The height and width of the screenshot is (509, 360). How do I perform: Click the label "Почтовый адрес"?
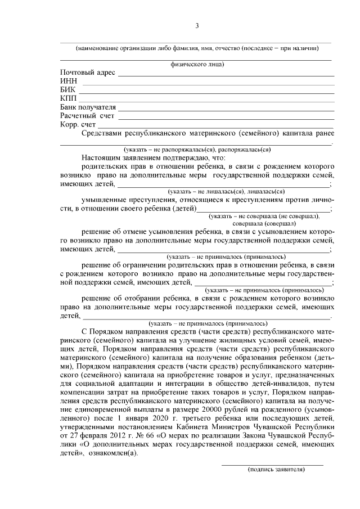coord(87,73)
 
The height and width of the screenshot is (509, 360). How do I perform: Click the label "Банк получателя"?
coord(88,107)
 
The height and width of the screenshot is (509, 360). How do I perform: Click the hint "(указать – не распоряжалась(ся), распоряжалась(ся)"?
coord(197,150)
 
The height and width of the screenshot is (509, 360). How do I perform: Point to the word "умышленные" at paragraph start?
coord(105,200)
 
